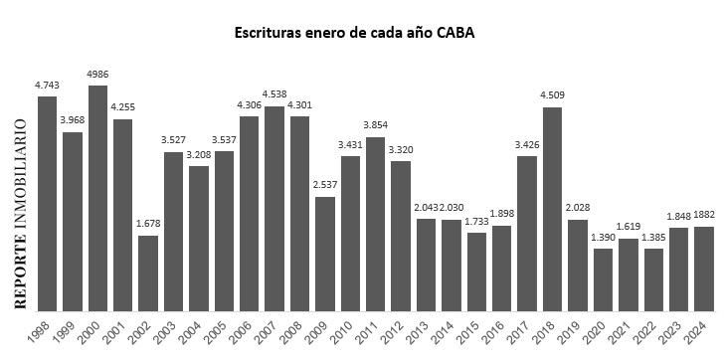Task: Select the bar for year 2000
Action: pyautogui.click(x=97, y=199)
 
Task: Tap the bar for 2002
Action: pyautogui.click(x=148, y=273)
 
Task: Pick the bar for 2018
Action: pyautogui.click(x=552, y=210)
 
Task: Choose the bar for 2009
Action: pyautogui.click(x=325, y=255)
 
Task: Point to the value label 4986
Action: pyautogui.click(x=97, y=76)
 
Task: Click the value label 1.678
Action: pyautogui.click(x=147, y=224)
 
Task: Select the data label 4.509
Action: pyautogui.click(x=552, y=95)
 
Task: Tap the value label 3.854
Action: pyautogui.click(x=375, y=126)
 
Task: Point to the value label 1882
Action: pyautogui.click(x=703, y=216)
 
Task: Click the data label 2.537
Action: pyautogui.click(x=324, y=186)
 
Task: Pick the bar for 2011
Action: pyautogui.click(x=375, y=225)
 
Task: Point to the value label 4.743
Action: pyautogui.click(x=47, y=86)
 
